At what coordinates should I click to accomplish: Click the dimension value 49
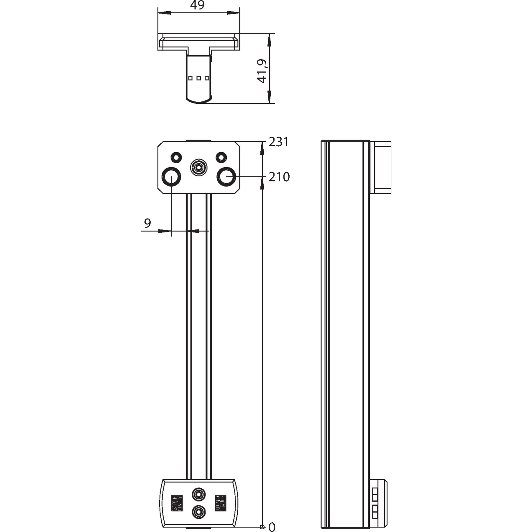click(197, 5)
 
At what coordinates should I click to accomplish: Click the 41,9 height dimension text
click(262, 71)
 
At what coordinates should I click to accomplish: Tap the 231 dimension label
click(279, 142)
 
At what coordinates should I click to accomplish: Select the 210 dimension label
click(279, 177)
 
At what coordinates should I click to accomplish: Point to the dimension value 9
click(148, 223)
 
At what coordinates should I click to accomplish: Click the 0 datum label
click(272, 527)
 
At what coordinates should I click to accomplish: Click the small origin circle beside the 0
click(262, 527)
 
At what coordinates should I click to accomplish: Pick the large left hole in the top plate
click(171, 177)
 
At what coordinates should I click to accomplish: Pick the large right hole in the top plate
click(226, 177)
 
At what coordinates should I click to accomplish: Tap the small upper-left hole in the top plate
click(176, 157)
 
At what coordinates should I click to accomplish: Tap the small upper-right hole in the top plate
click(221, 157)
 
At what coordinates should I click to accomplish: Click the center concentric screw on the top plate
click(199, 168)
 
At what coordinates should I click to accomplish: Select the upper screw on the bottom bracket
click(199, 494)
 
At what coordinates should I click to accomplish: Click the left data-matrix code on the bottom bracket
click(177, 503)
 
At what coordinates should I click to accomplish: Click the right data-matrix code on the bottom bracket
click(220, 503)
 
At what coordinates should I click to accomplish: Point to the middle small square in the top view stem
click(199, 78)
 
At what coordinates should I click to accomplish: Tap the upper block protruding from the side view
click(381, 167)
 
